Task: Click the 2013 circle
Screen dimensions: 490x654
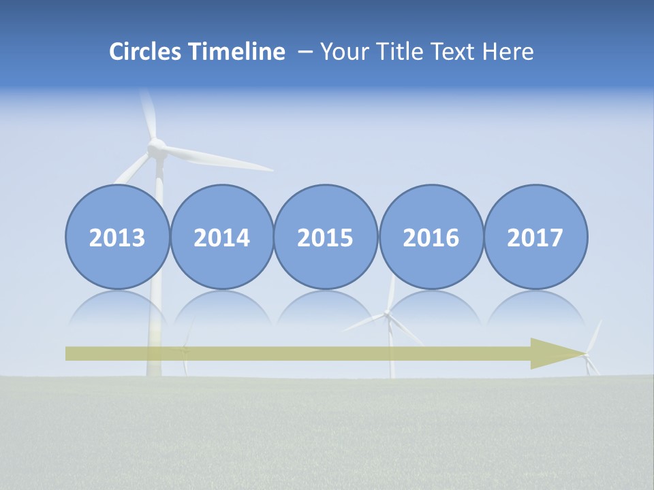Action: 117,237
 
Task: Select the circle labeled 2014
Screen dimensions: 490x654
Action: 221,237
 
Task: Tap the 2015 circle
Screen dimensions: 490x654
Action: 326,237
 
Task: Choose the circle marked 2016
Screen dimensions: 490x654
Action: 431,237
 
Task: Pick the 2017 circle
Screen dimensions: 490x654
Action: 535,237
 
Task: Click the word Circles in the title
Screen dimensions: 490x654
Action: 146,52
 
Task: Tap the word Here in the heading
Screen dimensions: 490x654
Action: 508,52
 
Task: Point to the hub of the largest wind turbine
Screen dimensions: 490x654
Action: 157,146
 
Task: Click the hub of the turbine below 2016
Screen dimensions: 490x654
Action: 387,314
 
